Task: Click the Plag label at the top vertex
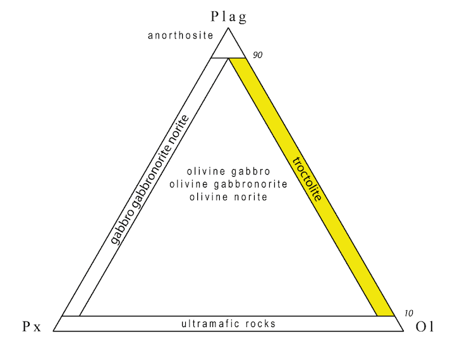(x=229, y=17)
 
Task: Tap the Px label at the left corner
(x=32, y=327)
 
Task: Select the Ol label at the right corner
(x=425, y=327)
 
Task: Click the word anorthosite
(x=181, y=35)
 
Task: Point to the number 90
(x=257, y=55)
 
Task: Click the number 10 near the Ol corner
(x=409, y=313)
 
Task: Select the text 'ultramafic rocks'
(x=228, y=323)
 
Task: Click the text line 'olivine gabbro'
(x=228, y=171)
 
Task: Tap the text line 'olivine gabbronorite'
(x=228, y=184)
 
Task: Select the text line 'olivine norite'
(x=228, y=197)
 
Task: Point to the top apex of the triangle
(x=228, y=28)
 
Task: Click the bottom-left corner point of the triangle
(x=53, y=331)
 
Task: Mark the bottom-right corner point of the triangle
(x=404, y=331)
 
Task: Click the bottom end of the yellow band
(x=386, y=316)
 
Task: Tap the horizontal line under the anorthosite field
(x=228, y=58)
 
